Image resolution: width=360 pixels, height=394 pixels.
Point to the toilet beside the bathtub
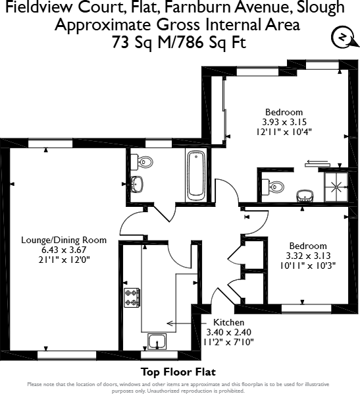coord(141,160)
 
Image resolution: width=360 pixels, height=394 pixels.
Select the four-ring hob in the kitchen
coord(131,297)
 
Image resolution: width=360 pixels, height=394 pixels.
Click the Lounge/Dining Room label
coord(64,240)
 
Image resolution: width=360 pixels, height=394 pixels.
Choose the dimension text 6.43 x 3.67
coord(64,250)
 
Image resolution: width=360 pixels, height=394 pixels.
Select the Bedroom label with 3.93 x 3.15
coord(284,111)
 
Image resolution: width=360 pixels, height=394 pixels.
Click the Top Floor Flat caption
coord(178,372)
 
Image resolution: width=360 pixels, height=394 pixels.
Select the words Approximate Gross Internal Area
coord(178,25)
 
